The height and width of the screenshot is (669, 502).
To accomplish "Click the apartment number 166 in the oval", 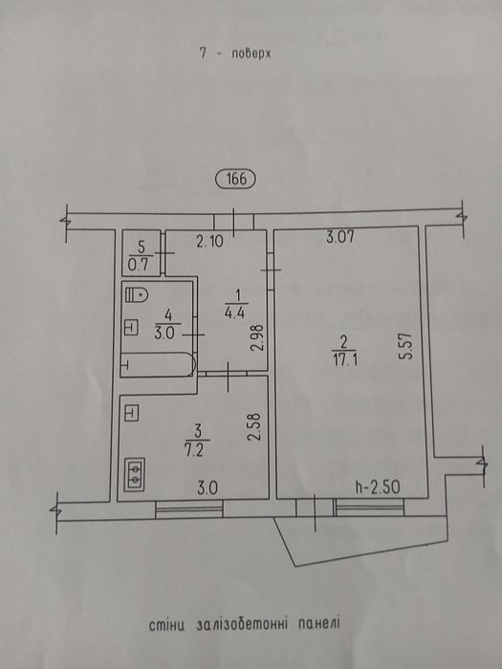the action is (236, 180).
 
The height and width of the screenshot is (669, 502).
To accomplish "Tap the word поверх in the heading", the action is (251, 54).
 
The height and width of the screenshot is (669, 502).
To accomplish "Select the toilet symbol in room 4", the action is (137, 294).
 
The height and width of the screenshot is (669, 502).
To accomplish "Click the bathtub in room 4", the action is (158, 364).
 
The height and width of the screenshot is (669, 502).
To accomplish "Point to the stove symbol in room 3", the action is (135, 474).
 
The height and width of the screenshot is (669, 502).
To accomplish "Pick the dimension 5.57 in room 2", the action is (406, 346).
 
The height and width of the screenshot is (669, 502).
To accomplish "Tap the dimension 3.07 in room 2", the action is (339, 236).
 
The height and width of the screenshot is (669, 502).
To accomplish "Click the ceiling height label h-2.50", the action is (378, 487).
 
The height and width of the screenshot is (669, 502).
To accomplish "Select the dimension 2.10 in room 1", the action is (209, 243).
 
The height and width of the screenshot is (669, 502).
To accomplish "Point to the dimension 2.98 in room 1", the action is (257, 338).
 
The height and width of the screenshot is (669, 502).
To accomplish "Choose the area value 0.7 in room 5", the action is (139, 266).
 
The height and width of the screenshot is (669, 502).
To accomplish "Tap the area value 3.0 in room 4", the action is (165, 334).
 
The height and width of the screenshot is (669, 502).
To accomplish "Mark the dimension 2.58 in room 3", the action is (254, 428).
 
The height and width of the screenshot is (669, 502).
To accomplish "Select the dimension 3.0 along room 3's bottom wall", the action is (207, 487).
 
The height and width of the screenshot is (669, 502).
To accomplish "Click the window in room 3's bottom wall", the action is (189, 509).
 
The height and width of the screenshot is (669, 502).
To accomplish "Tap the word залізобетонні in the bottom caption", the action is (241, 625).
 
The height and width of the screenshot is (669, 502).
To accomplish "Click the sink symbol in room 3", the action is (131, 413).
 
